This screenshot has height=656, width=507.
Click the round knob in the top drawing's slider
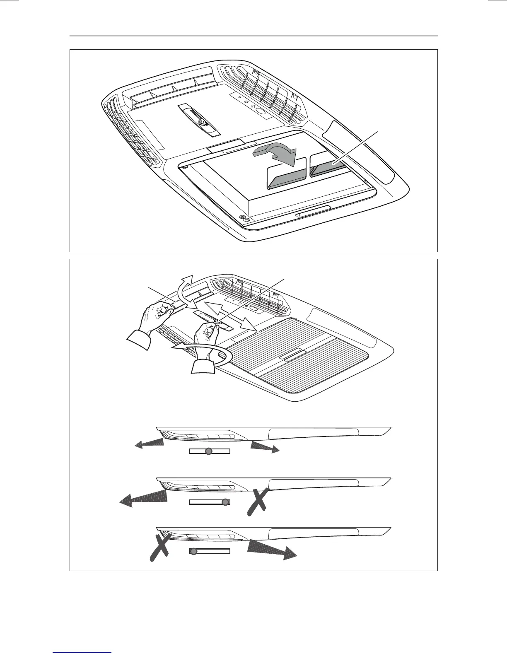(203, 122)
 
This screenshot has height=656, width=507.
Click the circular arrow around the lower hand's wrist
(207, 355)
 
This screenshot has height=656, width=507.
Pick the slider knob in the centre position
(209, 451)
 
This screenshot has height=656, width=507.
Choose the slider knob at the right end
(225, 502)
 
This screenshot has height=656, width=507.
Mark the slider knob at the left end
(193, 551)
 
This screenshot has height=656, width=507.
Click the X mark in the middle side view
(257, 502)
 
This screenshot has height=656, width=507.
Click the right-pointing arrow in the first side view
(264, 447)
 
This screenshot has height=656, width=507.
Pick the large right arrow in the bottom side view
(271, 549)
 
